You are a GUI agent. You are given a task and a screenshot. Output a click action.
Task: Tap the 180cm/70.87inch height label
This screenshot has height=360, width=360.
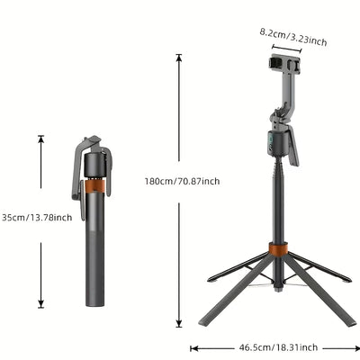[182, 181]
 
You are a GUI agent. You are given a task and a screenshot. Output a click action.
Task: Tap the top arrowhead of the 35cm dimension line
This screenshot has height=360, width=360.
[40, 139]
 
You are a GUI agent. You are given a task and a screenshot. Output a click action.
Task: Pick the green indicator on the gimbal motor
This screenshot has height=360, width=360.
[266, 139]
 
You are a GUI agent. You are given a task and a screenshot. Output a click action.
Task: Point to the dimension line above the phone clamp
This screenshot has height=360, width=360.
[283, 41]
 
